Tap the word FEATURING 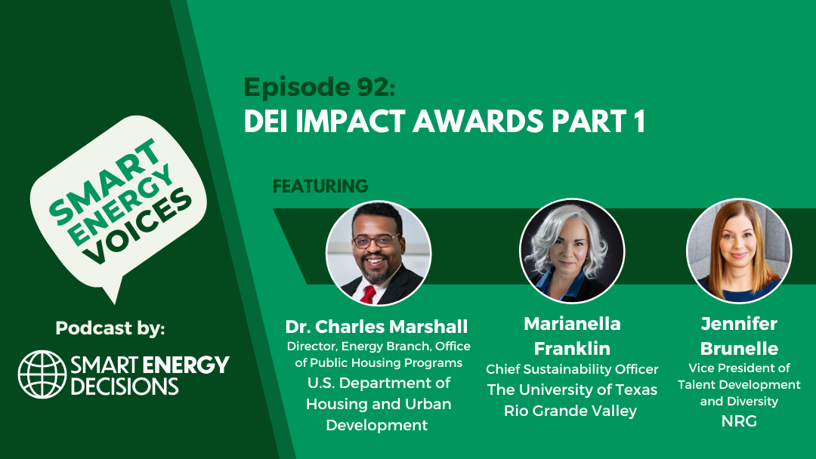(x=320, y=186)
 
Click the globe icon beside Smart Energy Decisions (x=42, y=374)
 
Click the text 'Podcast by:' (x=110, y=328)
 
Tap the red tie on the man (x=369, y=294)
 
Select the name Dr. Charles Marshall (x=377, y=326)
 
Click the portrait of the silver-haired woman (x=572, y=251)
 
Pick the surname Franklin (x=572, y=348)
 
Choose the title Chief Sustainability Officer (x=572, y=370)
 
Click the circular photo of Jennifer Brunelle (x=739, y=251)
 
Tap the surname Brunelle (x=739, y=348)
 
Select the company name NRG (x=739, y=421)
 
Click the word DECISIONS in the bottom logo (x=125, y=387)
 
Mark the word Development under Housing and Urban (x=377, y=425)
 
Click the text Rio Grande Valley (x=570, y=411)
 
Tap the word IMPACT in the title (x=350, y=122)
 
